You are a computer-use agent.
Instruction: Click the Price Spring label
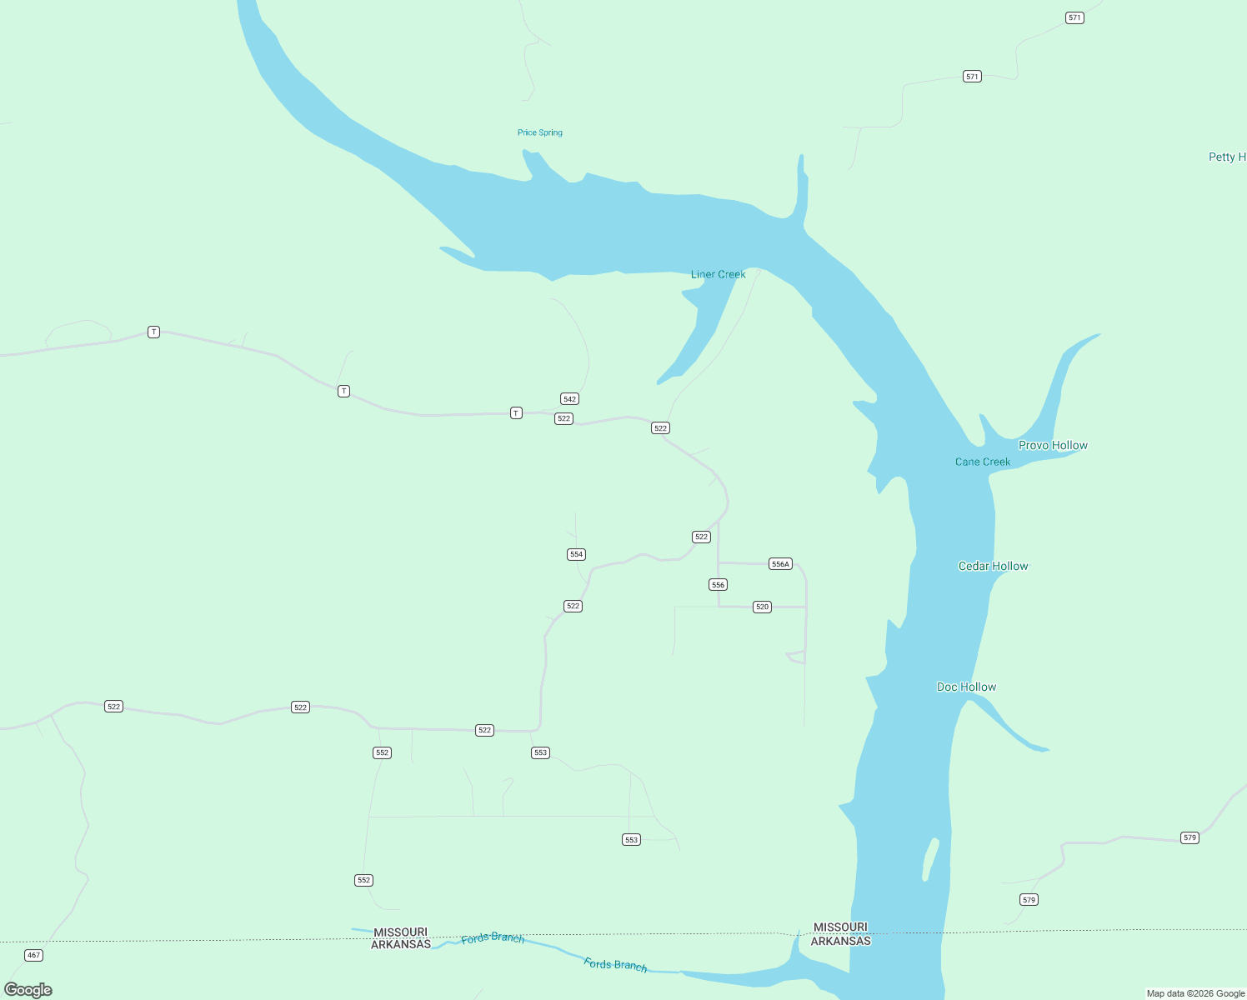tap(539, 132)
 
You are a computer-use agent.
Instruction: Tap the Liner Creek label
tap(718, 274)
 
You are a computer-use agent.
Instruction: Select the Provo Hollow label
tap(1053, 445)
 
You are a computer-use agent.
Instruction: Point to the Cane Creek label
tap(982, 462)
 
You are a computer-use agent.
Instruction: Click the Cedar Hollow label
tap(993, 566)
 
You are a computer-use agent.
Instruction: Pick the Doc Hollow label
tap(966, 687)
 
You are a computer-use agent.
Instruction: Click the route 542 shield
tap(569, 399)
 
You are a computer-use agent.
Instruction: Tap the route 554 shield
tap(576, 554)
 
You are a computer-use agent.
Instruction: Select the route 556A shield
tap(780, 564)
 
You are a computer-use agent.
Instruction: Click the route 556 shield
tap(719, 585)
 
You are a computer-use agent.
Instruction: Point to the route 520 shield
tap(762, 607)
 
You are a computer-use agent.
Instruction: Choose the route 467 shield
tap(33, 955)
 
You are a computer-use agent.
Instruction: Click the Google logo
tap(28, 990)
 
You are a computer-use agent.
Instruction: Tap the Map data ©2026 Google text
tap(1195, 993)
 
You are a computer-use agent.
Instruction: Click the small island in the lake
tap(930, 859)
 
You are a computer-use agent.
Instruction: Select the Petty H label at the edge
tap(1227, 157)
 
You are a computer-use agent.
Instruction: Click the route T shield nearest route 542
tap(516, 413)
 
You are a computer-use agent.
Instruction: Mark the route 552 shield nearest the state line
tap(363, 880)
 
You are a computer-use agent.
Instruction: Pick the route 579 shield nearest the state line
tap(1029, 900)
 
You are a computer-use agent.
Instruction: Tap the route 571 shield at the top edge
tap(1074, 17)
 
